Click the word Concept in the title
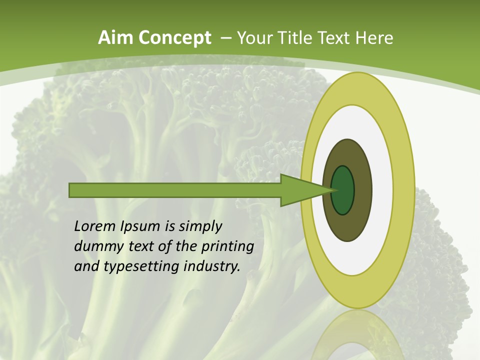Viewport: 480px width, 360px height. (x=175, y=38)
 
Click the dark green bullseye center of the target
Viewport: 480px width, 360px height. (x=343, y=190)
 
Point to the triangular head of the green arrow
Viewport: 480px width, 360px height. (x=300, y=190)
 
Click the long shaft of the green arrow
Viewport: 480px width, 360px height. (x=175, y=190)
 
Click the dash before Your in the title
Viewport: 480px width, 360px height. (x=226, y=38)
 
